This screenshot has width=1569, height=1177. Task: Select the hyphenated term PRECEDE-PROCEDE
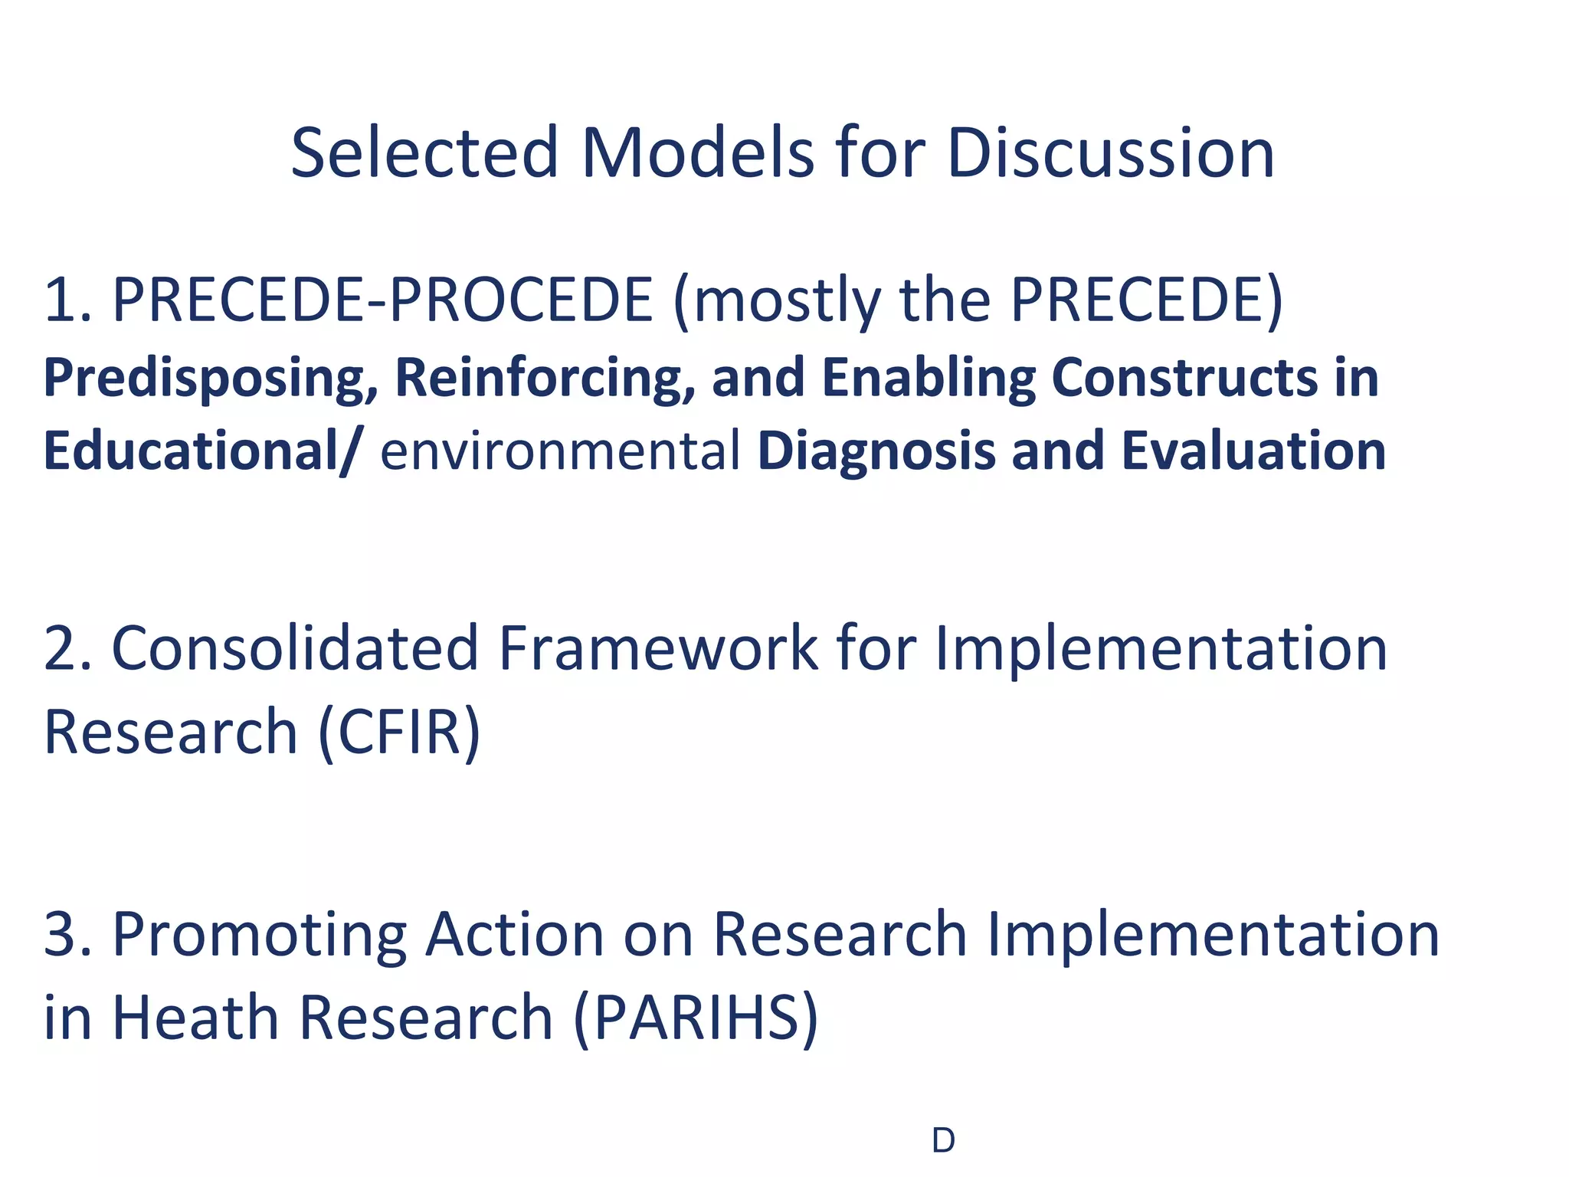(382, 300)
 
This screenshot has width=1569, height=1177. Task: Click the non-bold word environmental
(560, 451)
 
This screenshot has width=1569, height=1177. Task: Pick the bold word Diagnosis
(876, 451)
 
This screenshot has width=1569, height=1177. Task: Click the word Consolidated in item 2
(295, 648)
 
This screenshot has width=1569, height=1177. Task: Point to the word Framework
(658, 648)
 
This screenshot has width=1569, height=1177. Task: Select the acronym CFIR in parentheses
(398, 733)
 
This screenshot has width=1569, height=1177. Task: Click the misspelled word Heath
(195, 1018)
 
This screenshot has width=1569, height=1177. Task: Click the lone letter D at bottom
(943, 1142)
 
